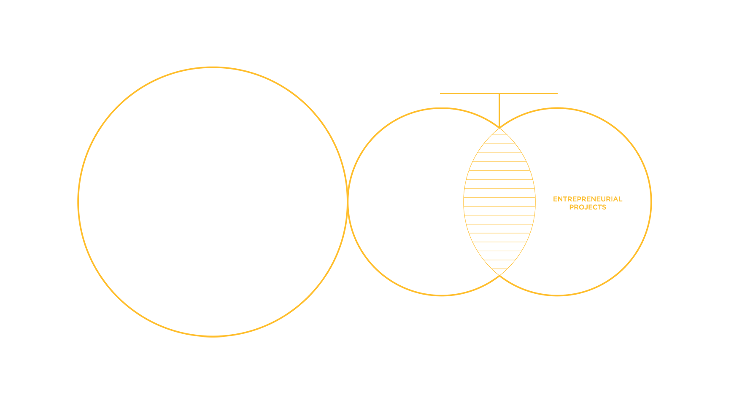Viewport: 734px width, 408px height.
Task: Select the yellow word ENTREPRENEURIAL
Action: (x=588, y=199)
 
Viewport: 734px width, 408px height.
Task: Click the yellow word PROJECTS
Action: (x=588, y=207)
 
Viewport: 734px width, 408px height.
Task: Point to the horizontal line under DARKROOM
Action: (x=464, y=93)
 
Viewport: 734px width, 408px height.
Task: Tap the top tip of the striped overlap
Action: (x=499, y=128)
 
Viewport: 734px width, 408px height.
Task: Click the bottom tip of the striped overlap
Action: (x=499, y=275)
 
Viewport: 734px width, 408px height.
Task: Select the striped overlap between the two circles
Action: (x=499, y=201)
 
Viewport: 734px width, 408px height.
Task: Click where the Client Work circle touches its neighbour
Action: (x=347, y=201)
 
